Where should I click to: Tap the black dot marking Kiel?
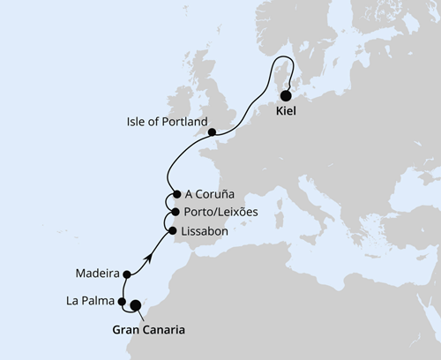tap(286, 98)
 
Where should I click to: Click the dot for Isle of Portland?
tap(212, 133)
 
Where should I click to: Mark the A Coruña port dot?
tap(177, 195)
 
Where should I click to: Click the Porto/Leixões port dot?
tap(176, 213)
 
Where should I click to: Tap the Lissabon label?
tap(204, 231)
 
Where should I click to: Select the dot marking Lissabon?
tap(172, 231)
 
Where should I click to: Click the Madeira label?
tap(98, 274)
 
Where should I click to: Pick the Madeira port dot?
tap(128, 274)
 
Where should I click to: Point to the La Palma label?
tap(90, 301)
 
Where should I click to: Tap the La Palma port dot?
tap(122, 302)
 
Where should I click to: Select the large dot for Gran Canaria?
tap(135, 306)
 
